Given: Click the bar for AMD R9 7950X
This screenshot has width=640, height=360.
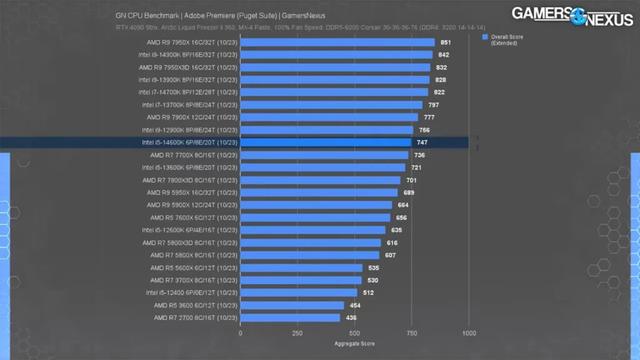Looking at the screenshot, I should (x=337, y=42).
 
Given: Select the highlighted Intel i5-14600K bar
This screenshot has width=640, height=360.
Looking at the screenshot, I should (x=326, y=142).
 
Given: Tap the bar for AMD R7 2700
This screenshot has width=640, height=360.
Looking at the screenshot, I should (x=290, y=317).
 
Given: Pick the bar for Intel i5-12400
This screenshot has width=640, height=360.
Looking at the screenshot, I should (x=299, y=292).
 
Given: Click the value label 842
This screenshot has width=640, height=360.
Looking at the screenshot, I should (x=444, y=55).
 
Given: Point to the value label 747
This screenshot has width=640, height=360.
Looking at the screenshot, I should (x=422, y=142).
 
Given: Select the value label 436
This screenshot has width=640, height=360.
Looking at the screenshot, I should (x=351, y=317).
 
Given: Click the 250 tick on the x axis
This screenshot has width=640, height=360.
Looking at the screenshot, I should (x=297, y=333).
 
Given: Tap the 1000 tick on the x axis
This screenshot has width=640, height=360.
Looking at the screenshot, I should (x=468, y=333).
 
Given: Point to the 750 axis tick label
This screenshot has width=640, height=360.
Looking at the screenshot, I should (x=411, y=333).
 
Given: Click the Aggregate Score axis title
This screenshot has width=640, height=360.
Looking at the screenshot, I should (x=354, y=343).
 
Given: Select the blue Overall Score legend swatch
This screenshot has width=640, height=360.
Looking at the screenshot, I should (x=484, y=37).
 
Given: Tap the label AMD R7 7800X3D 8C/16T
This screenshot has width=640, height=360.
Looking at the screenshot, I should (x=189, y=180).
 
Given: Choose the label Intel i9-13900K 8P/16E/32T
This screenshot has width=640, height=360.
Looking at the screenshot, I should (x=187, y=80).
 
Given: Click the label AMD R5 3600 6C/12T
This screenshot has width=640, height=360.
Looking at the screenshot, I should (x=195, y=305).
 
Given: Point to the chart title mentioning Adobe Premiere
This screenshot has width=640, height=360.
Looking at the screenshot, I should (x=220, y=15).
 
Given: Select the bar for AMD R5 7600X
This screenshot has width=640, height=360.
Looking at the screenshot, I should (x=315, y=217).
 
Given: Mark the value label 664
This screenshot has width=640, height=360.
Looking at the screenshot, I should (x=403, y=205).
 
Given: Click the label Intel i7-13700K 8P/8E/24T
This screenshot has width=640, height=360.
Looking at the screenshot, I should (x=189, y=105).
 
